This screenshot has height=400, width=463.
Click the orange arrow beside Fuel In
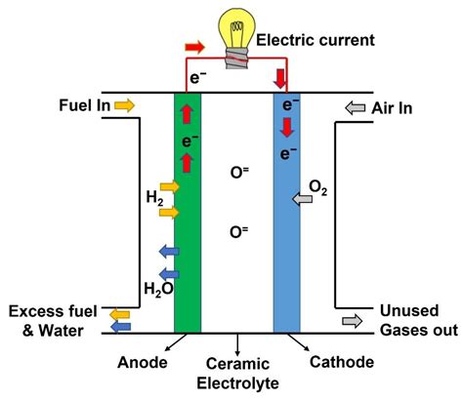124,103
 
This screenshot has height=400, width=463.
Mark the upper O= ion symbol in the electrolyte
237,173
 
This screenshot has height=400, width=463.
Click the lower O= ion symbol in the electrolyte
237,232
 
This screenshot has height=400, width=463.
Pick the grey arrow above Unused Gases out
351,320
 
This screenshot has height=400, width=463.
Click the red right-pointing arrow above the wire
195,46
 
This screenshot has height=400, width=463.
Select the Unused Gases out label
418,320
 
